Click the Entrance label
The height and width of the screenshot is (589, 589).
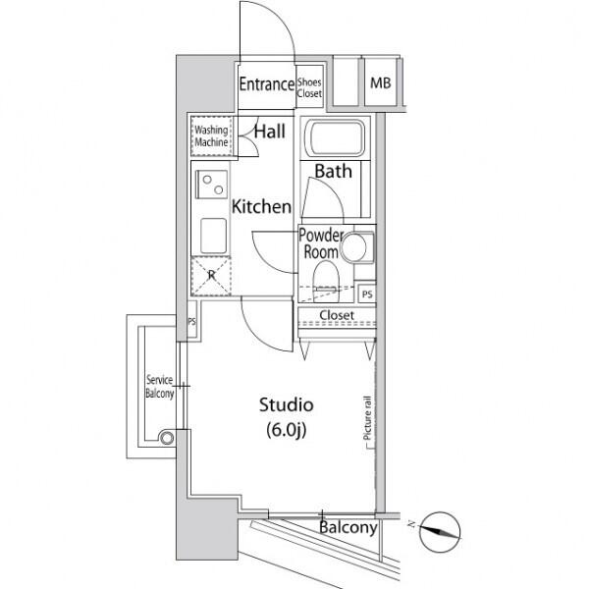[267, 84]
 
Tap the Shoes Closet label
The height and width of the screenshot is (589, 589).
[309, 88]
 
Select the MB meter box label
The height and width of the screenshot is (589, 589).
[380, 83]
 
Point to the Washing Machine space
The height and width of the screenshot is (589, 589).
[211, 136]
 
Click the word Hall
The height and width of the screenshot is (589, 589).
[270, 132]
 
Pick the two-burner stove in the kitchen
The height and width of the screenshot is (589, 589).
[211, 185]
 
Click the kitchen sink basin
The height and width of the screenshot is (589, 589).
[213, 236]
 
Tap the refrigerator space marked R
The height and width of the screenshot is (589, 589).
[211, 276]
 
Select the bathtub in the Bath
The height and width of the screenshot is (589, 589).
[335, 137]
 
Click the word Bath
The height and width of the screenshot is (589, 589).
[333, 171]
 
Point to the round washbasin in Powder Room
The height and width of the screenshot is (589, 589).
[353, 247]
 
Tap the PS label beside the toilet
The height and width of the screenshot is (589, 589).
[367, 294]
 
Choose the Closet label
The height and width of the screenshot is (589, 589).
[337, 315]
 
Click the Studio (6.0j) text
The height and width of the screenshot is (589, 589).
[287, 417]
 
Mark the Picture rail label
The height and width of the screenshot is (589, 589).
[367, 418]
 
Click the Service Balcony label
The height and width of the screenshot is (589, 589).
[160, 387]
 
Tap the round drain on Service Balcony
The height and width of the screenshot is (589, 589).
[167, 438]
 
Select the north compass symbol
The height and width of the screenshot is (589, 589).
[439, 532]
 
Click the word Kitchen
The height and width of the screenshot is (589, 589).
[261, 207]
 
